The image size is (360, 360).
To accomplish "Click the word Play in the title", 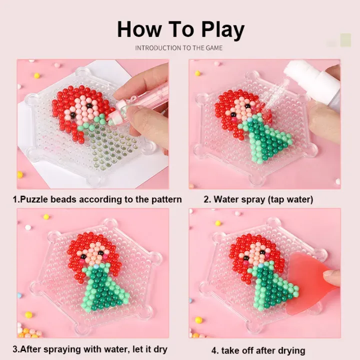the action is click(222, 30).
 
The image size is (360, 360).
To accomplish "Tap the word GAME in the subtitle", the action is click(214, 48).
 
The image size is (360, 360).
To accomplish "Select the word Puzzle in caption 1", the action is click(34, 199).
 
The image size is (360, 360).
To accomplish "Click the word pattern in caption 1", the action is click(166, 199).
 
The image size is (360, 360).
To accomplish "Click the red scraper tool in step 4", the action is click(307, 282).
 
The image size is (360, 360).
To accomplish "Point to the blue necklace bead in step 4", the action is click(260, 266).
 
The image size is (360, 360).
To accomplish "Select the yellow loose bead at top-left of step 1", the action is click(36, 75).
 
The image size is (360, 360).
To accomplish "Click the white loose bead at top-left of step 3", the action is click(28, 227).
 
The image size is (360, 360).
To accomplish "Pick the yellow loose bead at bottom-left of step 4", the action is click(198, 320).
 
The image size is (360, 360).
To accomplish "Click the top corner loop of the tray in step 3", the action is click(110, 223).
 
